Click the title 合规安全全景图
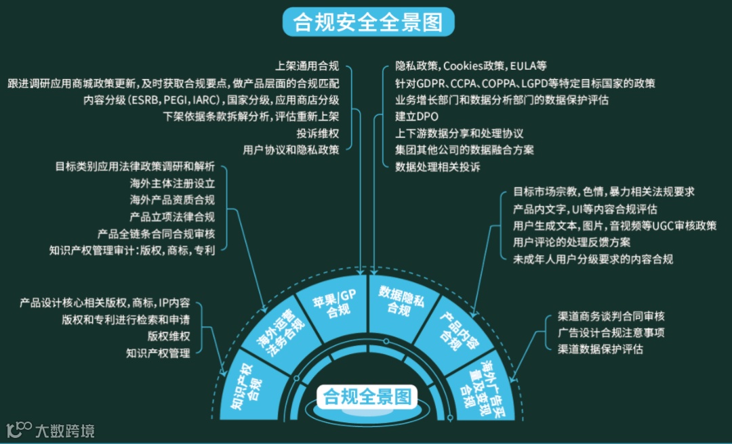(x=367, y=22)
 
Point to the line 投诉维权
(x=318, y=133)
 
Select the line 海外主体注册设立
(x=172, y=183)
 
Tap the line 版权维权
(x=169, y=336)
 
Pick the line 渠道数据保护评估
(x=600, y=349)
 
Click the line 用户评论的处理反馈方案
(x=571, y=242)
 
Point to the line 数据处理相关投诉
(x=437, y=167)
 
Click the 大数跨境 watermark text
(x=65, y=430)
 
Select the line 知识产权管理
(x=158, y=353)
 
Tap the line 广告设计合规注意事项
(x=611, y=332)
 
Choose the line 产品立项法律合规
(x=172, y=217)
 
